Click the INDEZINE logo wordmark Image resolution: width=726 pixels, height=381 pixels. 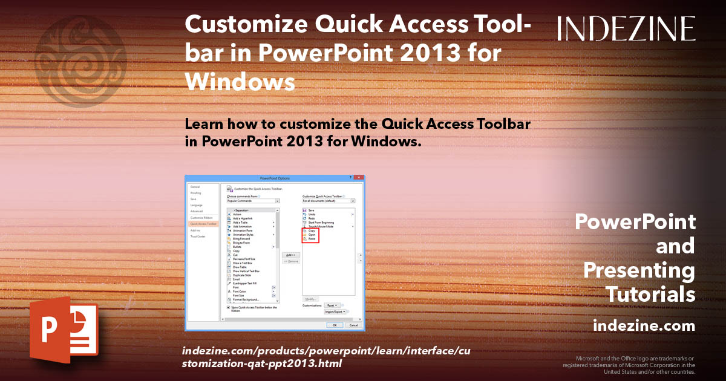pos(626,29)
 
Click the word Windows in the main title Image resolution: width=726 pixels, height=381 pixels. pos(240,80)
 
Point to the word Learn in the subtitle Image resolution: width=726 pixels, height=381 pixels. pos(206,124)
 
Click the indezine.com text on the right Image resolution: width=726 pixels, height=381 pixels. pos(644,326)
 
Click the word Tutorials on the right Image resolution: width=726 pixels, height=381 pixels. pos(650,295)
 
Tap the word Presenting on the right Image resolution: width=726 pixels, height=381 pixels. pos(639,270)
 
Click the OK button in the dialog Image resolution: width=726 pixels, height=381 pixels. pos(334,325)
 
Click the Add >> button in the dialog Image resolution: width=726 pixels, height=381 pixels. pos(291,255)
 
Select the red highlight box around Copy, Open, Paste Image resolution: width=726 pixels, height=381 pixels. pos(310,235)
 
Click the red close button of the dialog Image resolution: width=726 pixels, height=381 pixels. pos(361,178)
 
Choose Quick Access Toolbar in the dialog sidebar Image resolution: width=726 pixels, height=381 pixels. pos(202,224)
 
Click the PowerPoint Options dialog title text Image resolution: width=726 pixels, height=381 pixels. pos(275,178)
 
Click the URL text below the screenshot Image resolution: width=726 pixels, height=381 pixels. pos(317,357)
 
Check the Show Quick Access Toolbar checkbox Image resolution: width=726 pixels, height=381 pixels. pos(228,307)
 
